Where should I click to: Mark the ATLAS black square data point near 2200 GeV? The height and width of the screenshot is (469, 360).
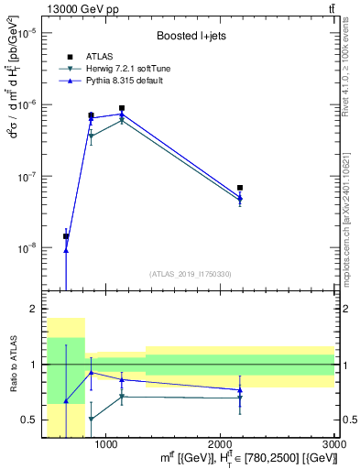[240, 188]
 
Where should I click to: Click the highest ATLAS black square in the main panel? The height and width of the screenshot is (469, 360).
[122, 108]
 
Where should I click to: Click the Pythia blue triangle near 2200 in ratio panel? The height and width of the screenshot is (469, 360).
[240, 389]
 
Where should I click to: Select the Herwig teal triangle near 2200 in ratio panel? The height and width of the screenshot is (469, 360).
[240, 398]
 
